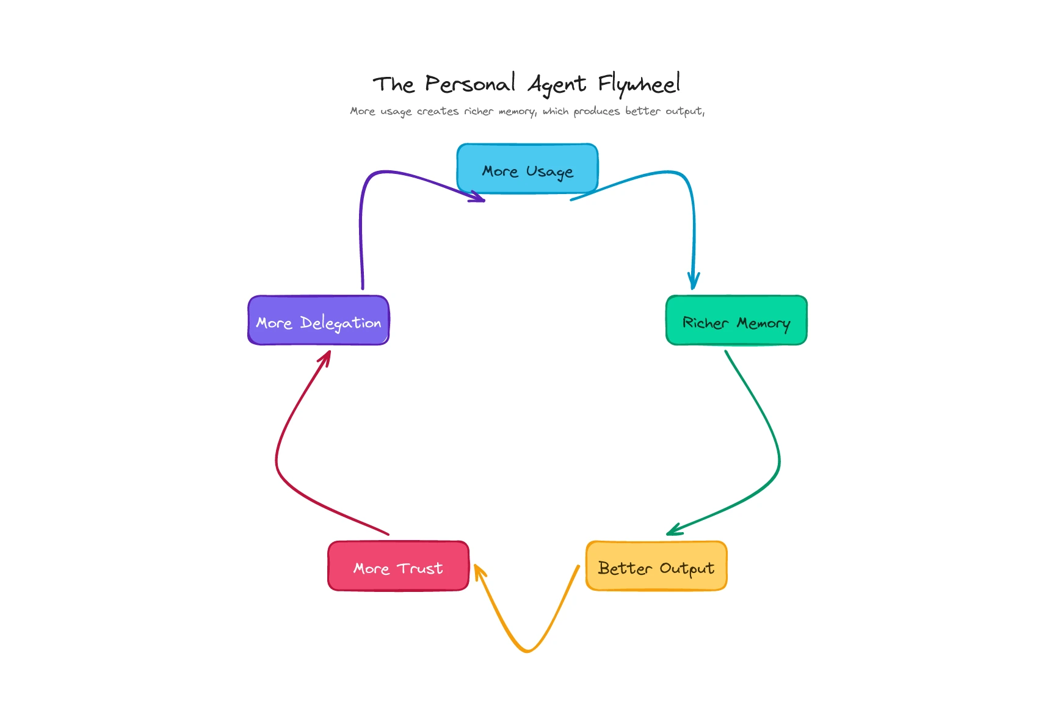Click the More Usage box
[527, 169]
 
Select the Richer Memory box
[736, 320]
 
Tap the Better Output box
[656, 566]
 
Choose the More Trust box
[398, 566]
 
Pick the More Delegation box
[318, 320]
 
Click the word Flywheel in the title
[639, 84]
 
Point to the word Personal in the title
[470, 84]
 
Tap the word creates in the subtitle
[438, 111]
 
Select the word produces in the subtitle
[596, 111]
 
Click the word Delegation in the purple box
[341, 323]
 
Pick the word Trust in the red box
[420, 568]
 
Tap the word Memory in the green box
[763, 323]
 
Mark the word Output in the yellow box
[687, 568]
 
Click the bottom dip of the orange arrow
[527, 651]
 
